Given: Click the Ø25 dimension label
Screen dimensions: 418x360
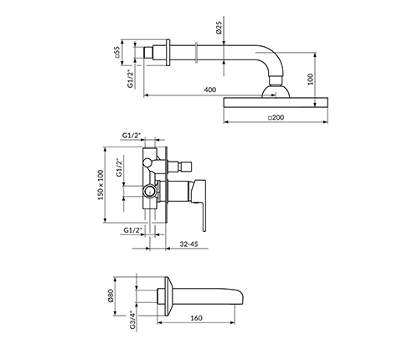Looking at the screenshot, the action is pos(219,28).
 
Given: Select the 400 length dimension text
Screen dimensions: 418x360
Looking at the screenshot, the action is pos(210,90).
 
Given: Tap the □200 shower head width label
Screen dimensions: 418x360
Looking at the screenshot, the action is pos(276,117).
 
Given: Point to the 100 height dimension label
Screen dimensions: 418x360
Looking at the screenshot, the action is pos(310,79).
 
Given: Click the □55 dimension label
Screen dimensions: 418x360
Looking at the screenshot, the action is pos(117,52).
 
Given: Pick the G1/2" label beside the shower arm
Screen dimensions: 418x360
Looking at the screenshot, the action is pos(131,79).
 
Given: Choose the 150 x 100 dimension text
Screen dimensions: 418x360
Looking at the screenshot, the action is pos(101,184).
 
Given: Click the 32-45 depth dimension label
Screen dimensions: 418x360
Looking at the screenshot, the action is pos(188,244).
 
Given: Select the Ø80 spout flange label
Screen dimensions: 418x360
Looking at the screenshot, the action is pos(110,296).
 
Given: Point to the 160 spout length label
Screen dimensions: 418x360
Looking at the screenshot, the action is pos(196,318).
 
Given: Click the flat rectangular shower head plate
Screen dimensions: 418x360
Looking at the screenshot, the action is pos(276,102).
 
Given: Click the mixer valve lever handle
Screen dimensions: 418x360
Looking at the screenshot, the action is pos(199,203).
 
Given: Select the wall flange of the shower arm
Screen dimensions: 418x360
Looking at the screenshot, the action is pos(168,53).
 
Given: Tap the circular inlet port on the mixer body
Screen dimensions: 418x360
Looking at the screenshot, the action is pos(149,193).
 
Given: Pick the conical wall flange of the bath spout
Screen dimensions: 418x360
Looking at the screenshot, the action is pos(169,296).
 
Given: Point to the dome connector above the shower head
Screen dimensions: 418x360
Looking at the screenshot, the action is pos(276,92).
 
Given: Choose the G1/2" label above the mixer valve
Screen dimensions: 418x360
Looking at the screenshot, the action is pos(132,136).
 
